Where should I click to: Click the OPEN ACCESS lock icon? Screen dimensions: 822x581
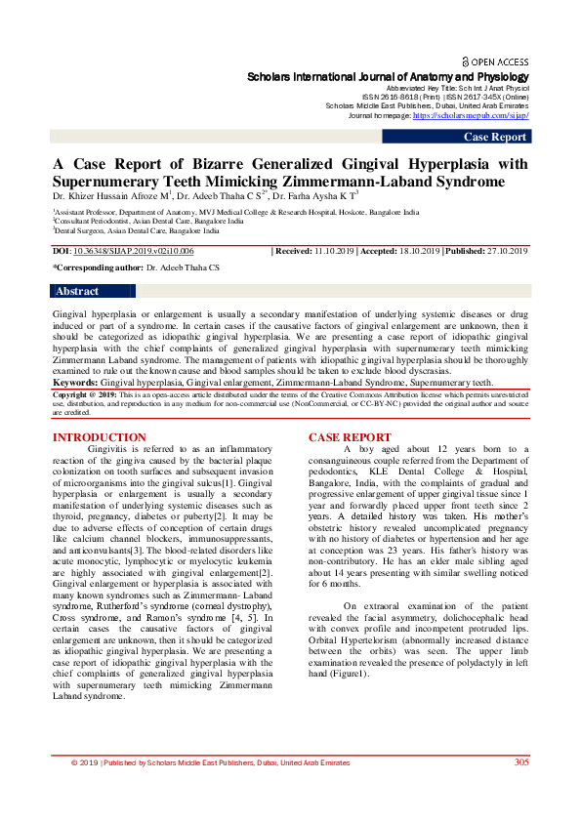466,61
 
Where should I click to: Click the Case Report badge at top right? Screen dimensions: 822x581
495,137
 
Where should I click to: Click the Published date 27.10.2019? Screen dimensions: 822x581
506,251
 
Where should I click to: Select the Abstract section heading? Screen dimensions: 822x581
77,291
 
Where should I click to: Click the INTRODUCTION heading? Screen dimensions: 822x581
100,437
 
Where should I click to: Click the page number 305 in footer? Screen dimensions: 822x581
521,789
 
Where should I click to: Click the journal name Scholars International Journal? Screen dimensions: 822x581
389,77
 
